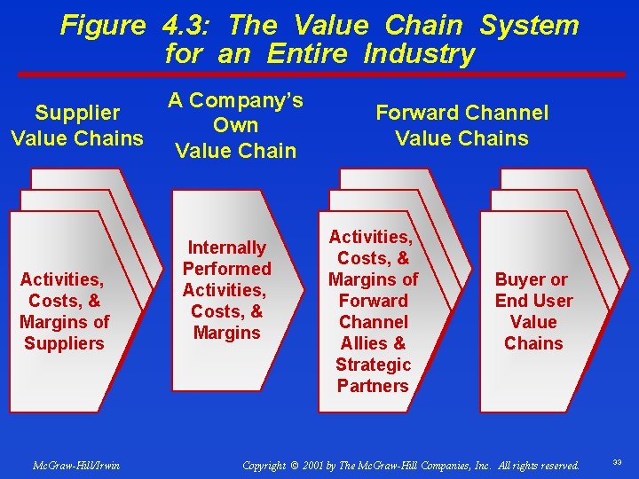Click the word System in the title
(529, 25)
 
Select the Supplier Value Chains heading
(77, 125)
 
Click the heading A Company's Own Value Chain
(236, 125)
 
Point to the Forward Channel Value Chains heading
(461, 125)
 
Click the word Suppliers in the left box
(64, 343)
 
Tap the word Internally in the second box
(227, 247)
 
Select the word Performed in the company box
(227, 268)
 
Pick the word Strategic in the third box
(373, 365)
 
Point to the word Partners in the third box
(373, 386)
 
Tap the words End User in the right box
(534, 301)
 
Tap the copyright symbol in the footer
(294, 465)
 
